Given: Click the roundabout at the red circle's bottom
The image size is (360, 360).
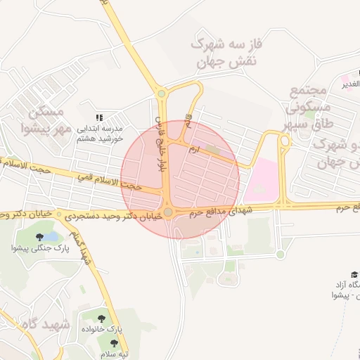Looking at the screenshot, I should (x=169, y=212).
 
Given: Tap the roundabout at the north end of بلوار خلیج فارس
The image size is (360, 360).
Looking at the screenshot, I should (x=161, y=93).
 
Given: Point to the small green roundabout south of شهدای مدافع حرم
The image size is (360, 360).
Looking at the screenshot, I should (x=280, y=254).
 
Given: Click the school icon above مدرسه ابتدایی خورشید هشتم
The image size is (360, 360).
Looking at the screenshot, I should (x=99, y=117).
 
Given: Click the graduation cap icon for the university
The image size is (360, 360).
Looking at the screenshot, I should (x=354, y=274).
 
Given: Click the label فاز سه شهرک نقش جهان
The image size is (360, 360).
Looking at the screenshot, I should (x=227, y=53).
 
